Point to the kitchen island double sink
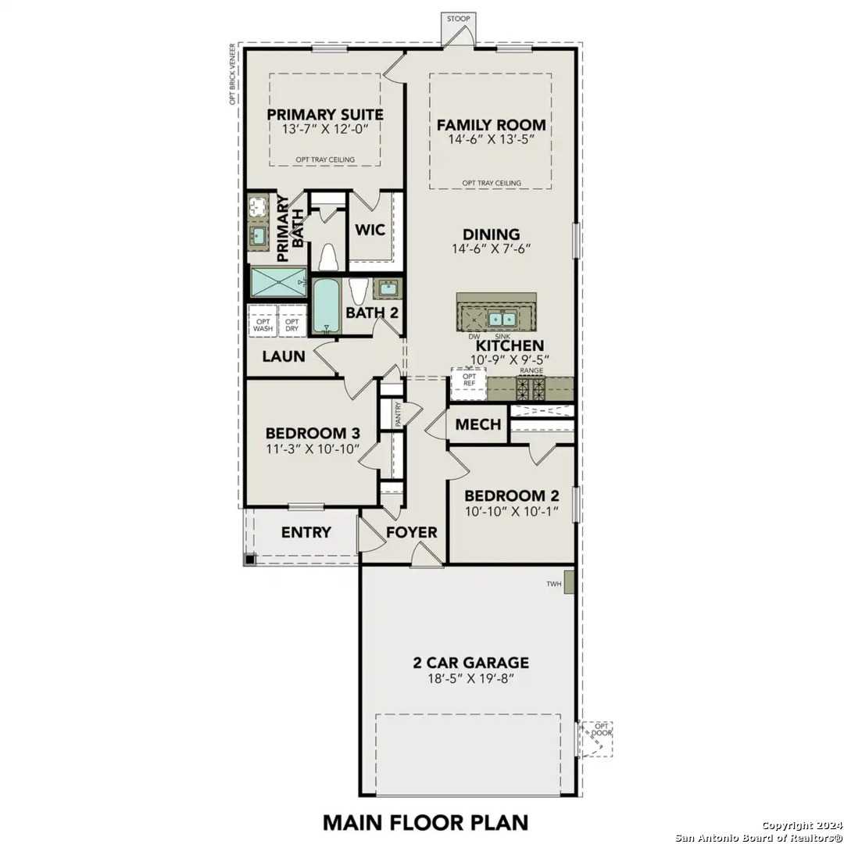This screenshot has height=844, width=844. (x=496, y=318)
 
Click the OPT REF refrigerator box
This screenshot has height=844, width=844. (x=469, y=381)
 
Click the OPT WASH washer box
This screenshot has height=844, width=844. (x=263, y=324)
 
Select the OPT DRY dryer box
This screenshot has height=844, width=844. (x=291, y=324)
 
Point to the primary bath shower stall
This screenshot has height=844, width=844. (x=278, y=280)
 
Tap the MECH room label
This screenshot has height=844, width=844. (x=477, y=424)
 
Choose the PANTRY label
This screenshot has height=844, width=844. (x=399, y=413)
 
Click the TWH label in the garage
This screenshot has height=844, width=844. (x=554, y=584)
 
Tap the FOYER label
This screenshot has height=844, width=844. (x=411, y=533)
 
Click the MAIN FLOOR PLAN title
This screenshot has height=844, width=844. (x=426, y=822)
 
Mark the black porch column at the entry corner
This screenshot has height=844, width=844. (x=249, y=559)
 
